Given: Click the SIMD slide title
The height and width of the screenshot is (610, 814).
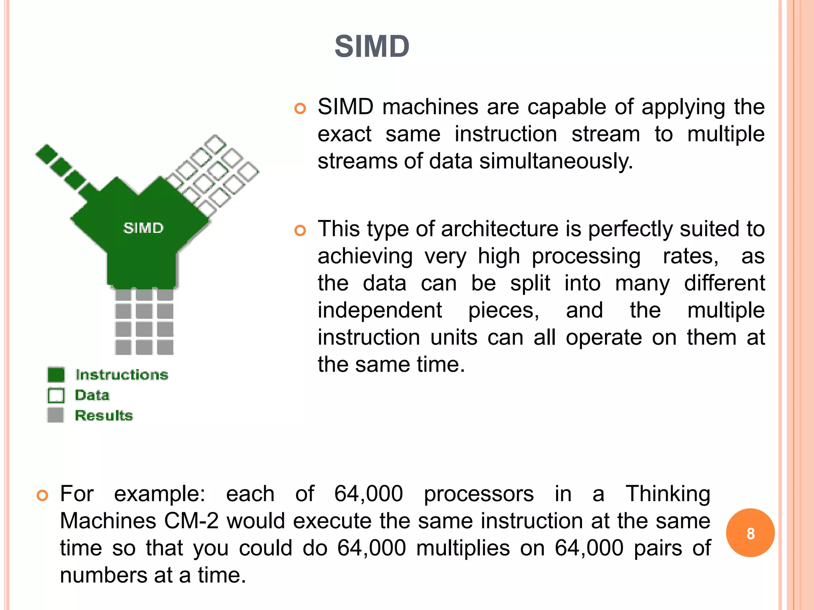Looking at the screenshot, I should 372,46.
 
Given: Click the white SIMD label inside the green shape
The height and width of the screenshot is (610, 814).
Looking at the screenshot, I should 143,228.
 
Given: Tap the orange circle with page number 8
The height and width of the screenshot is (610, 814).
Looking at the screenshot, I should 750,533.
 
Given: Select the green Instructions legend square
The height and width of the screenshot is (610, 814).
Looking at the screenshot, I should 56,374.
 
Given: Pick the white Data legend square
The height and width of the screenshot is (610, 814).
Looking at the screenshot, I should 56,395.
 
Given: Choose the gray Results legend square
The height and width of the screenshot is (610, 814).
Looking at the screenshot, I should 56,415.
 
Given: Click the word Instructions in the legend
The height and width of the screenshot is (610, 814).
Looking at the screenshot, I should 122,374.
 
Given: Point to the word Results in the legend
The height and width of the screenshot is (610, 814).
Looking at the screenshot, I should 104,415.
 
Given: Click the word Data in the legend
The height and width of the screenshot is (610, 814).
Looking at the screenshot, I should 92,395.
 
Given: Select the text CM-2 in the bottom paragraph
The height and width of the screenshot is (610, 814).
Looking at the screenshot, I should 191,521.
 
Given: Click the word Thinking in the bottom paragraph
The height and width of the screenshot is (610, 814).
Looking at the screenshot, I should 668,494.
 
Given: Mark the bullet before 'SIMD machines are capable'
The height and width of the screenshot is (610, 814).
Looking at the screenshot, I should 300,108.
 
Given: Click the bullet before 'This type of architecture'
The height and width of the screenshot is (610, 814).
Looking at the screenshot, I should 300,230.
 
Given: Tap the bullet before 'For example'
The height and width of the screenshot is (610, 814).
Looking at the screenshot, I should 43,495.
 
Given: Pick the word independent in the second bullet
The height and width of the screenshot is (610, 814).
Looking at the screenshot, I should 380,310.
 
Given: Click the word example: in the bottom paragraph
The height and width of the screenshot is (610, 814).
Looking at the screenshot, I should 159,494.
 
